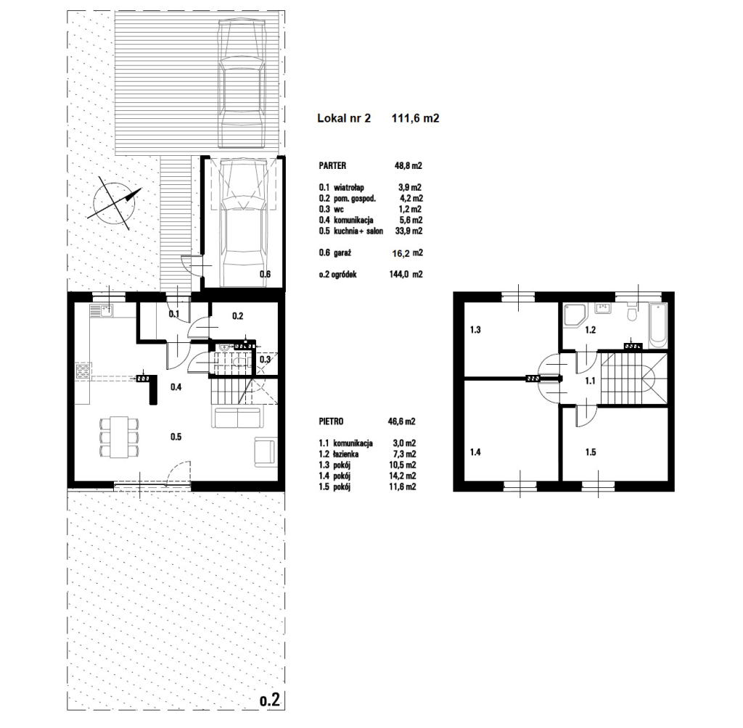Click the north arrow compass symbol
tap(115, 204)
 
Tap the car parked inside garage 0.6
tap(243, 223)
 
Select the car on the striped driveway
tap(241, 83)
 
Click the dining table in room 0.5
tap(119, 437)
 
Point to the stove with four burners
tap(83, 371)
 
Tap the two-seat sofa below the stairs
tap(237, 418)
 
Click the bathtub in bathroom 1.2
tap(657, 325)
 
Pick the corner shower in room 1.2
tap(575, 315)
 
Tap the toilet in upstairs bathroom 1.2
tap(631, 313)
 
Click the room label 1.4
tap(475, 452)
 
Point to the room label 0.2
tap(237, 316)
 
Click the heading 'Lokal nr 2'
tap(344, 118)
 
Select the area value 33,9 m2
tap(409, 231)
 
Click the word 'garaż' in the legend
tap(342, 253)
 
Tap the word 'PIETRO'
tap(331, 421)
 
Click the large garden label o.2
tap(270, 700)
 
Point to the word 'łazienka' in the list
tap(346, 454)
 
